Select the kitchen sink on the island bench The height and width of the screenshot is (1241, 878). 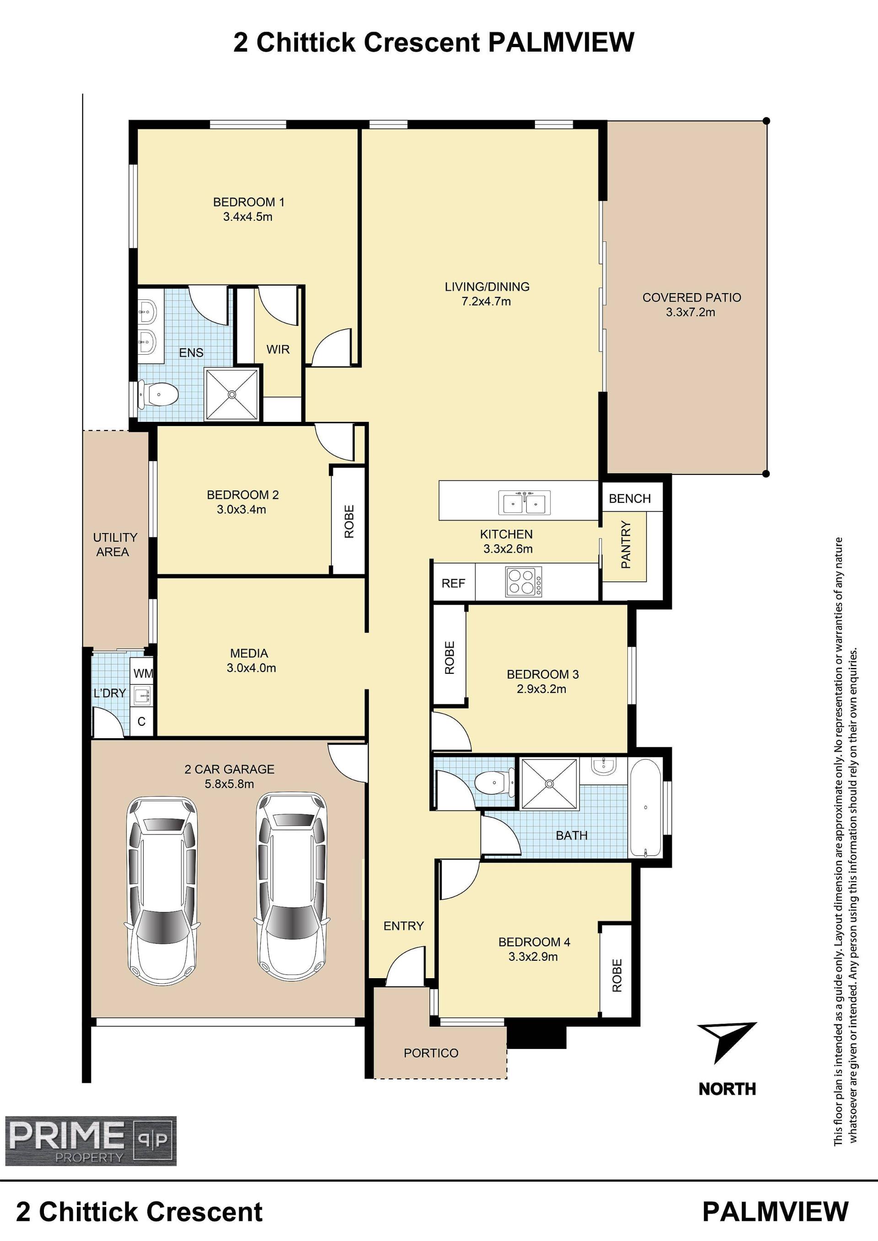click(x=524, y=502)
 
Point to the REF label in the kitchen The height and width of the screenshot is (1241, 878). click(x=453, y=583)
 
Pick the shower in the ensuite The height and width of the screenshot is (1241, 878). click(x=232, y=394)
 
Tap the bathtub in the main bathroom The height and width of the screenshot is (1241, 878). click(x=646, y=808)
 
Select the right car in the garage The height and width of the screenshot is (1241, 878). click(x=292, y=886)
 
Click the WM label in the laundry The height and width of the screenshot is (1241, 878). click(x=143, y=673)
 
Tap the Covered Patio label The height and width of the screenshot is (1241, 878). click(x=691, y=297)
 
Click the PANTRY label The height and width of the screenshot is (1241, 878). click(x=626, y=544)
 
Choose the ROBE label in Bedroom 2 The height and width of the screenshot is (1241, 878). click(x=349, y=521)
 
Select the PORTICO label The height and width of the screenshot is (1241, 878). click(x=431, y=1053)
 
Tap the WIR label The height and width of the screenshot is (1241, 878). click(x=278, y=349)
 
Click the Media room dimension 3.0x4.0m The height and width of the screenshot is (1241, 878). click(x=252, y=667)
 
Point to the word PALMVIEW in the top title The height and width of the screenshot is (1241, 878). click(x=561, y=42)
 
